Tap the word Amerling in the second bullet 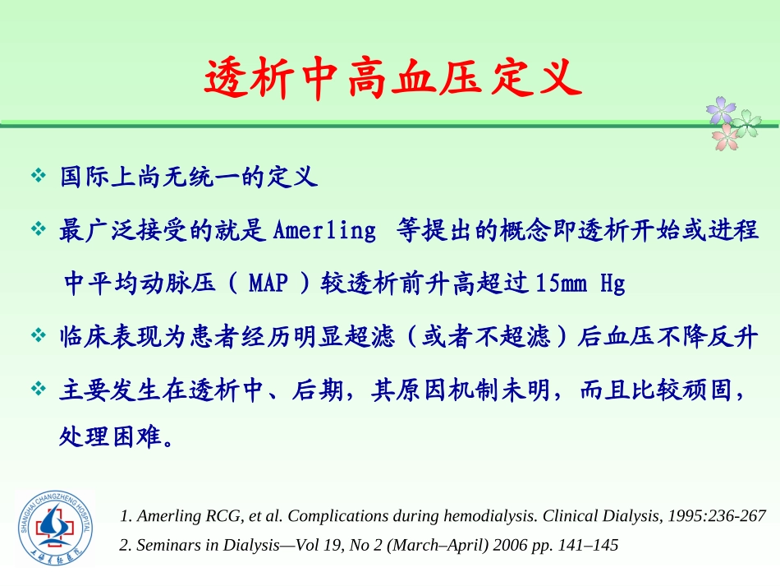pos(323,230)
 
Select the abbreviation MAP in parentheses pos(268,284)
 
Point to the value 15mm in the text pos(561,284)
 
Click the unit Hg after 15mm pos(613,284)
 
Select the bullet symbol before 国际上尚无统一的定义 pos(38,177)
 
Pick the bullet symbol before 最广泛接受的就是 pos(38,230)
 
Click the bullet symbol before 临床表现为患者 pos(38,337)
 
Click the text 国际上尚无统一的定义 pos(189,177)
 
